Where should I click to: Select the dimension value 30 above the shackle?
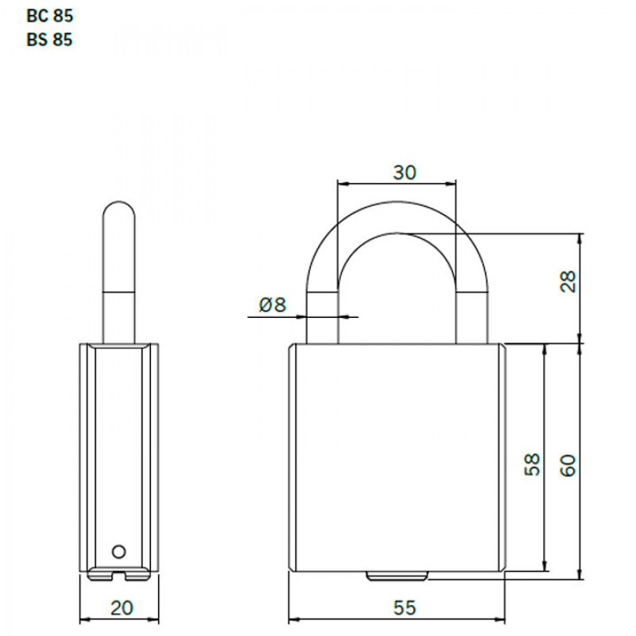404,173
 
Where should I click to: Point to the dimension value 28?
566,281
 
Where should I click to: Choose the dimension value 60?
566,464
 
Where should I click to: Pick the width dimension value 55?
404,608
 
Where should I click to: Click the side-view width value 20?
121,608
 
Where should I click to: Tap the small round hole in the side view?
119,550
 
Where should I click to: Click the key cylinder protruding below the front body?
397,576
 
